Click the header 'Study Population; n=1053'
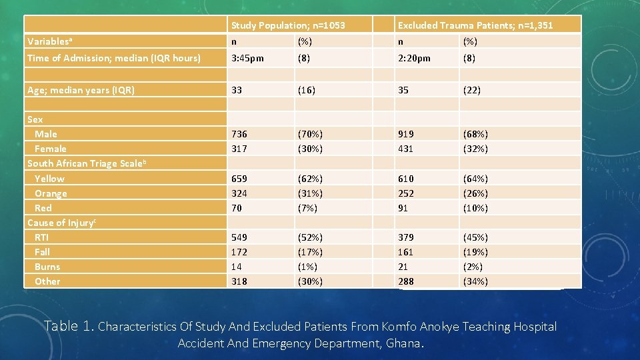tap(288, 25)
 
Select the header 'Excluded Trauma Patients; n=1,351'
tap(475, 25)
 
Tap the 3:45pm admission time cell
tap(247, 58)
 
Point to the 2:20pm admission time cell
tap(414, 58)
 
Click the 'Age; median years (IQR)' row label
tap(81, 90)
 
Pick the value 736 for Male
tap(239, 134)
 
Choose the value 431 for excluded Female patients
tap(405, 149)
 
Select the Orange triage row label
tap(51, 193)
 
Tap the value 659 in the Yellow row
tap(239, 179)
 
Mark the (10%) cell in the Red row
tap(475, 208)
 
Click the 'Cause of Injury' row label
tap(61, 223)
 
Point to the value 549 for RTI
tap(239, 237)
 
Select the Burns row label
tap(47, 267)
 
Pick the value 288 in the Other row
tap(405, 281)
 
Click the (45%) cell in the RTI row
tap(475, 237)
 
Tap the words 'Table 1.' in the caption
tap(69, 326)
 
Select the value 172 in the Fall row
tap(239, 252)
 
